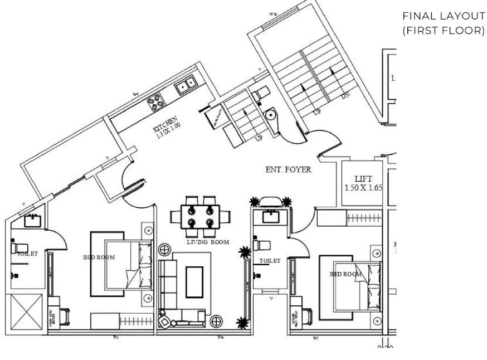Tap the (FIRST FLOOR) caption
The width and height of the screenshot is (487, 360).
point(442,30)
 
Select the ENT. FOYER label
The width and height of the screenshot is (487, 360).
point(288,169)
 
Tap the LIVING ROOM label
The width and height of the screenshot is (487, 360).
point(208,242)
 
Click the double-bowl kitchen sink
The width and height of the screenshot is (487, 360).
point(186,85)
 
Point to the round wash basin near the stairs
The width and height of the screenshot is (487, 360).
point(271,115)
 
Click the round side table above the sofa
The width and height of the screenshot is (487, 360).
point(165,249)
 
